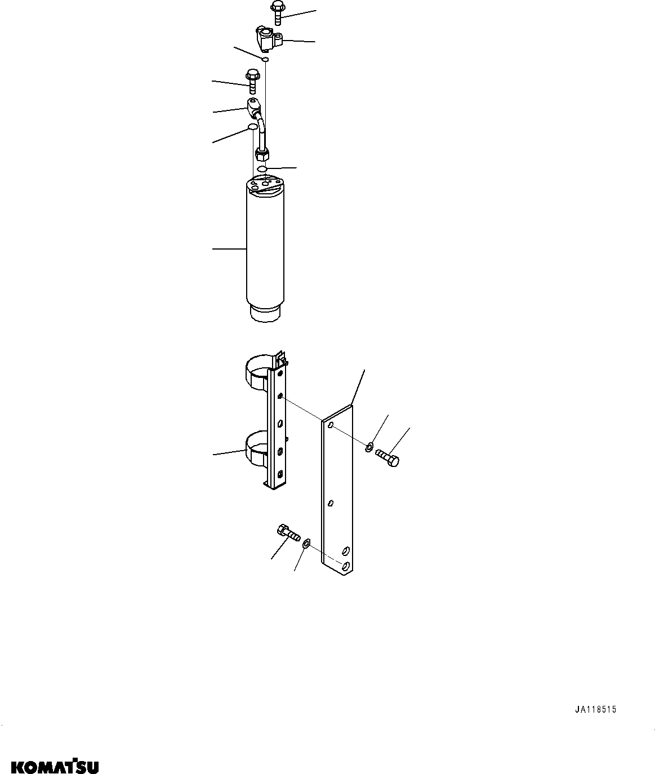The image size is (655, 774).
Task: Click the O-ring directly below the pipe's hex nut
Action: click(262, 169)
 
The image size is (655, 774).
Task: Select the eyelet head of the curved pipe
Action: click(253, 104)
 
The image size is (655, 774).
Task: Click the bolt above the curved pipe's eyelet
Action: click(251, 80)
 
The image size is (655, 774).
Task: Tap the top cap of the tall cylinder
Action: click(265, 186)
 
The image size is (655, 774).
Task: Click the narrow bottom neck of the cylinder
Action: click(265, 313)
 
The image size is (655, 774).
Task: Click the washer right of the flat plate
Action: click(369, 448)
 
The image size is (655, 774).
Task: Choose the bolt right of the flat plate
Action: click(387, 456)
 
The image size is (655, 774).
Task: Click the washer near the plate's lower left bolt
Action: click(306, 544)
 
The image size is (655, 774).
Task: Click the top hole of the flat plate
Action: click(331, 425)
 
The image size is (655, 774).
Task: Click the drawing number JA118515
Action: click(595, 710)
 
